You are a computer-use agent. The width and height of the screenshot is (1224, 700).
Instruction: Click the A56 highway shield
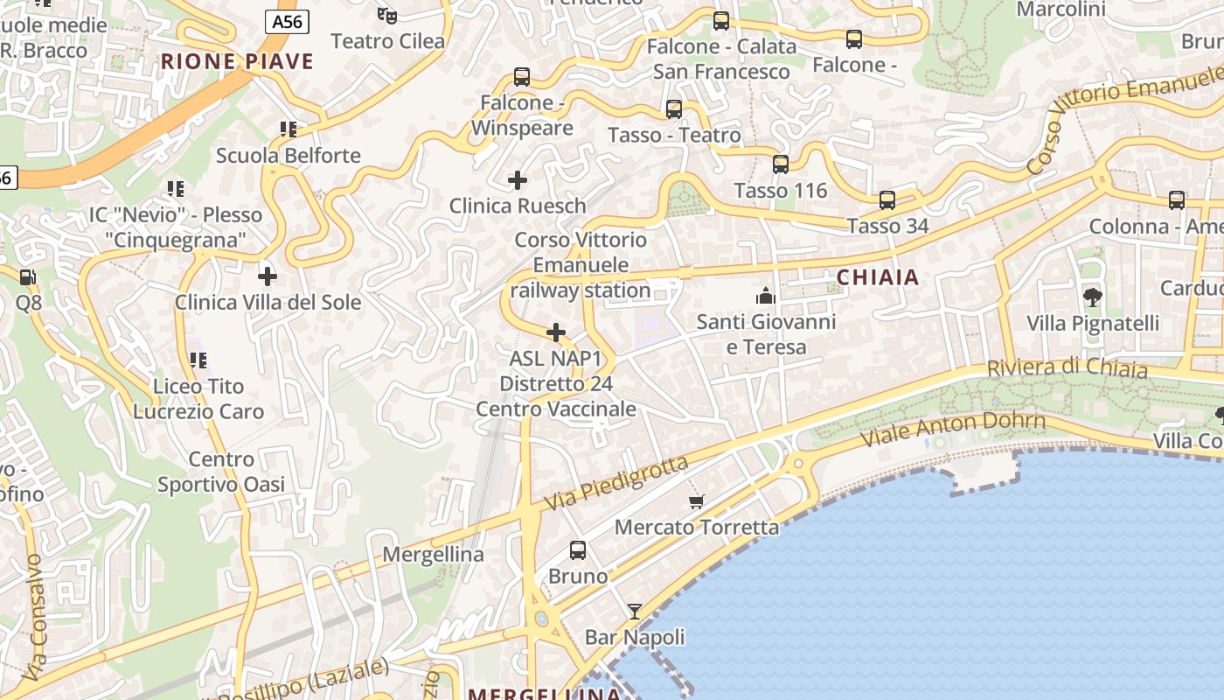point(287,22)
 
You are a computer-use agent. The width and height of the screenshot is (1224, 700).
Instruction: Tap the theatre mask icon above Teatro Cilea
point(387,14)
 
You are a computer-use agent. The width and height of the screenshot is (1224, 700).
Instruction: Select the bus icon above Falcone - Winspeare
point(522,77)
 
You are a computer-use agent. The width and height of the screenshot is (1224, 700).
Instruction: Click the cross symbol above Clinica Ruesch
point(518,180)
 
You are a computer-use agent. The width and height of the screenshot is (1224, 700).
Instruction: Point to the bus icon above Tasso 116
point(781,164)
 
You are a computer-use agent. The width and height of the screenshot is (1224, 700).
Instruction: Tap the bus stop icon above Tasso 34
point(887,200)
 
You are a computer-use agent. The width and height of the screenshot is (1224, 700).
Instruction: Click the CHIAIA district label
point(878,277)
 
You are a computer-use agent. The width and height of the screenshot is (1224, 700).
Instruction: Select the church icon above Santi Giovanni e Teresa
point(766,296)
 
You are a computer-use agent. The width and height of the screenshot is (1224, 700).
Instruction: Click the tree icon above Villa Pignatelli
point(1092,297)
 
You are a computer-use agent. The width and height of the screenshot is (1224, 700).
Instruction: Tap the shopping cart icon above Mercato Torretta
point(697,501)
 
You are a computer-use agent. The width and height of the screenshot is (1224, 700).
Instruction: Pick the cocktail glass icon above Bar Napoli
point(635,611)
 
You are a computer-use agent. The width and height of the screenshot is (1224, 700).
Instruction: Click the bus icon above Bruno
point(578,550)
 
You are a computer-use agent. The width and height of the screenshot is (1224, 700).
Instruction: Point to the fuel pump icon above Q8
point(28,276)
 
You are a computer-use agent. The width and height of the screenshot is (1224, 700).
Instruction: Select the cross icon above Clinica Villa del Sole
point(268,276)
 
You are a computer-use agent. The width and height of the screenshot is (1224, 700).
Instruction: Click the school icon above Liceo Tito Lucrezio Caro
point(198,360)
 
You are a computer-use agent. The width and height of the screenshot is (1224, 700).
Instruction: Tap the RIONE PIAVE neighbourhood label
point(237,61)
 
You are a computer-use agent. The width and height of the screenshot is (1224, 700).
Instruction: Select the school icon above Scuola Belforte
point(289,129)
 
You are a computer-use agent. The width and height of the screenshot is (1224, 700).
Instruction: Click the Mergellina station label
point(433,554)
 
